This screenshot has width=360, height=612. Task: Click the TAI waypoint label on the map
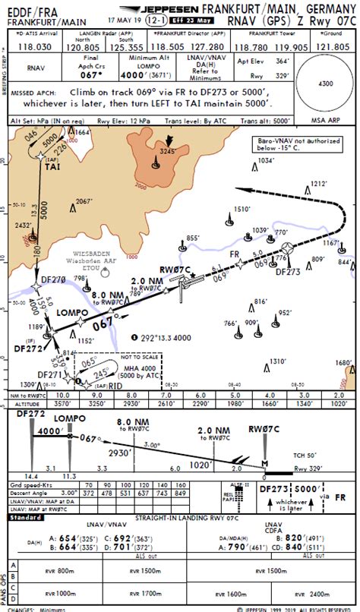tap(52, 168)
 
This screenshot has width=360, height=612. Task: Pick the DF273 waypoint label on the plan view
tap(288, 270)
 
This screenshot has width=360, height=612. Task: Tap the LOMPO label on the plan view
tap(72, 312)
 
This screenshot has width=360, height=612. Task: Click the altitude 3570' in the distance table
tap(63, 405)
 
